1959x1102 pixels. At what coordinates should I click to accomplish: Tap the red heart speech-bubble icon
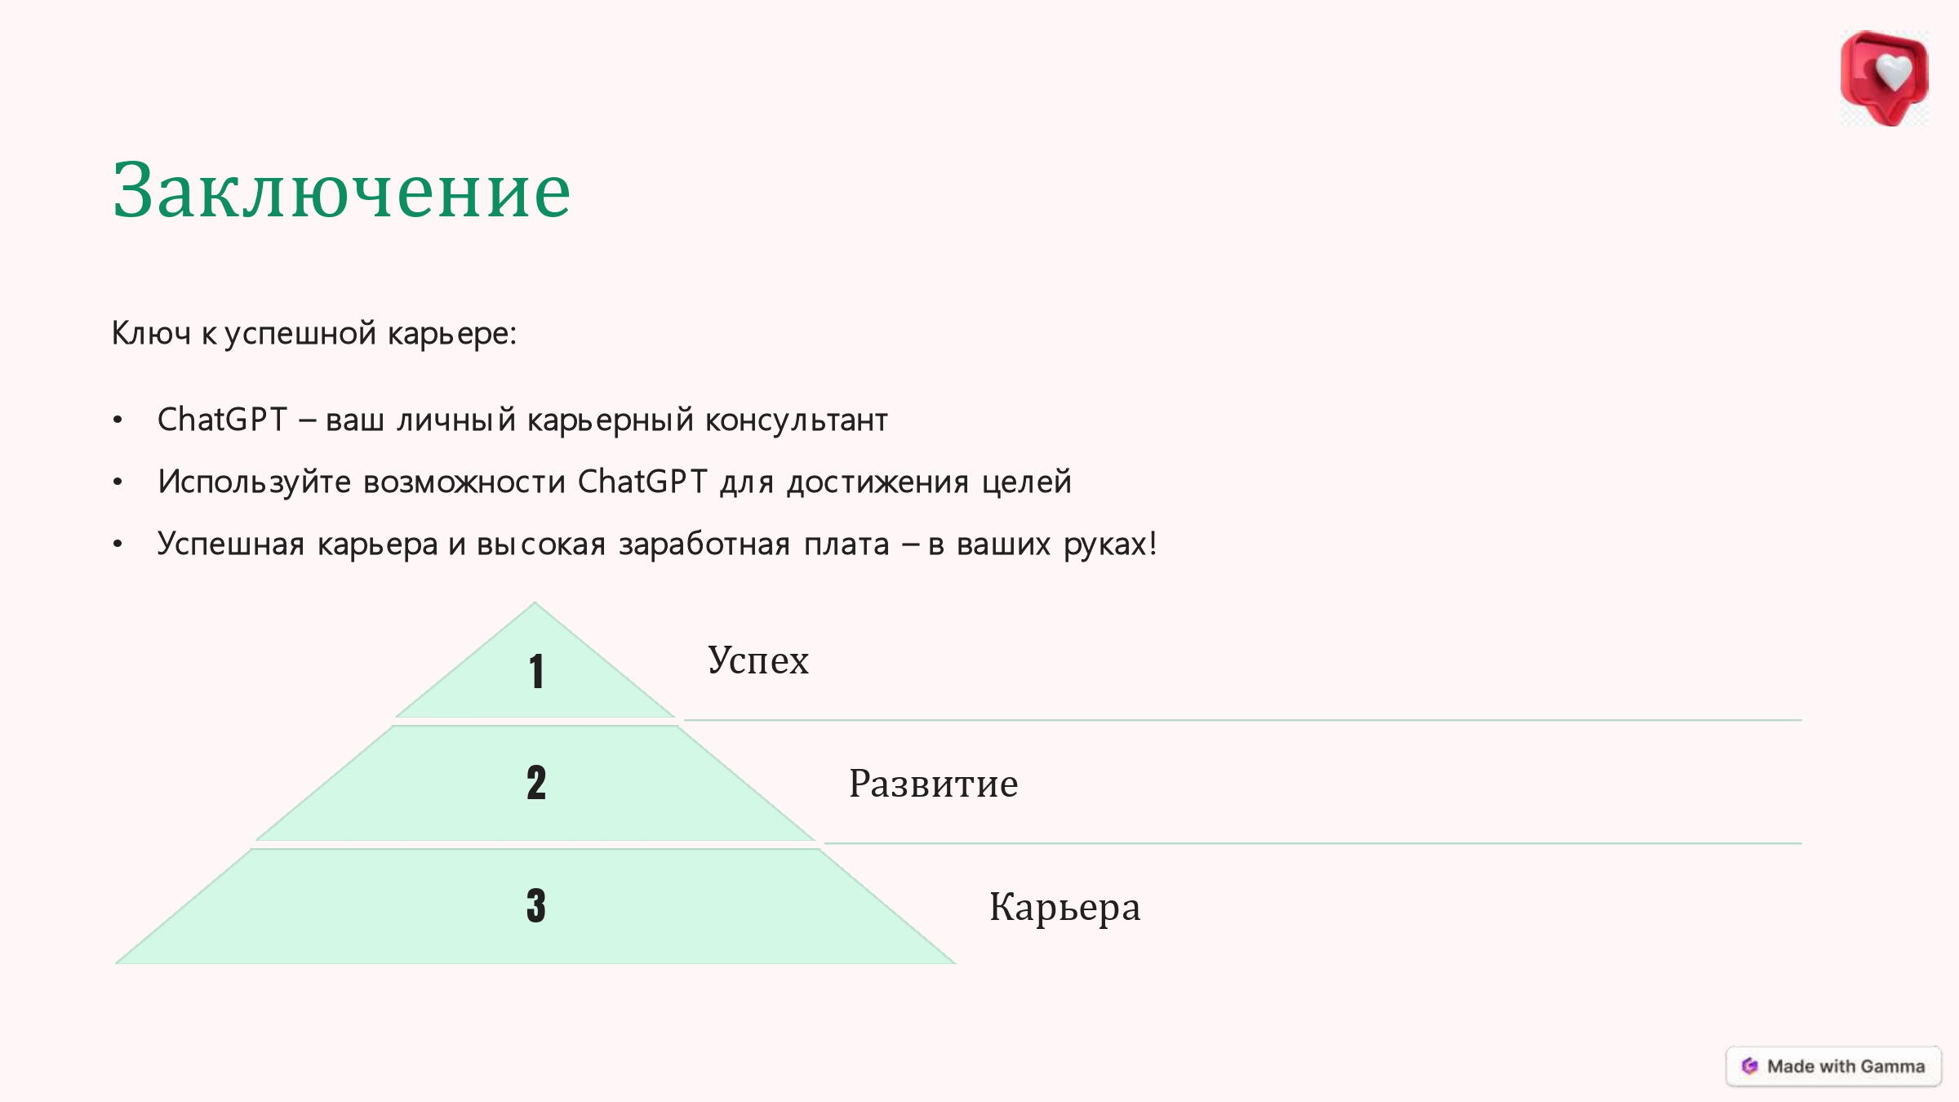click(1884, 78)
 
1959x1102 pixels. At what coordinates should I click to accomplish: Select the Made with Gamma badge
click(1833, 1066)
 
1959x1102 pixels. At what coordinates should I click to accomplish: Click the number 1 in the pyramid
click(536, 672)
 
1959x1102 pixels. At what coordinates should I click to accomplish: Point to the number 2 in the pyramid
click(536, 783)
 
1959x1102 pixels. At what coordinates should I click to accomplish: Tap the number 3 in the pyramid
click(536, 905)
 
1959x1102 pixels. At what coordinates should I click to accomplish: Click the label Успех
click(758, 660)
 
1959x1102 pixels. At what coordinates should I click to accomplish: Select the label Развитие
click(934, 784)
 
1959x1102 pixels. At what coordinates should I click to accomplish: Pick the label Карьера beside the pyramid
click(1065, 908)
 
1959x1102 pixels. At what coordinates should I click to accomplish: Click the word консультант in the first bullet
click(796, 420)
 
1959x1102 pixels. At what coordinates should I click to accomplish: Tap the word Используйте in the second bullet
click(255, 482)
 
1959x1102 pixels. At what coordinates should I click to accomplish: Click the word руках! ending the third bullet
click(1110, 544)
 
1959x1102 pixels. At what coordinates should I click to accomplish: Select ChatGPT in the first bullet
click(222, 420)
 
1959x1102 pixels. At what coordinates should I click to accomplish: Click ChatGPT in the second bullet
click(642, 482)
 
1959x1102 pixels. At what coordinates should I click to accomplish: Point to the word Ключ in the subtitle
click(151, 333)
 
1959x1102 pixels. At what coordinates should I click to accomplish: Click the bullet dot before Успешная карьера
click(118, 544)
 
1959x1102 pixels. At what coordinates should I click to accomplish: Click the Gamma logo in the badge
click(1749, 1066)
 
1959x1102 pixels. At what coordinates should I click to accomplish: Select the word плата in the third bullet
click(846, 544)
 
